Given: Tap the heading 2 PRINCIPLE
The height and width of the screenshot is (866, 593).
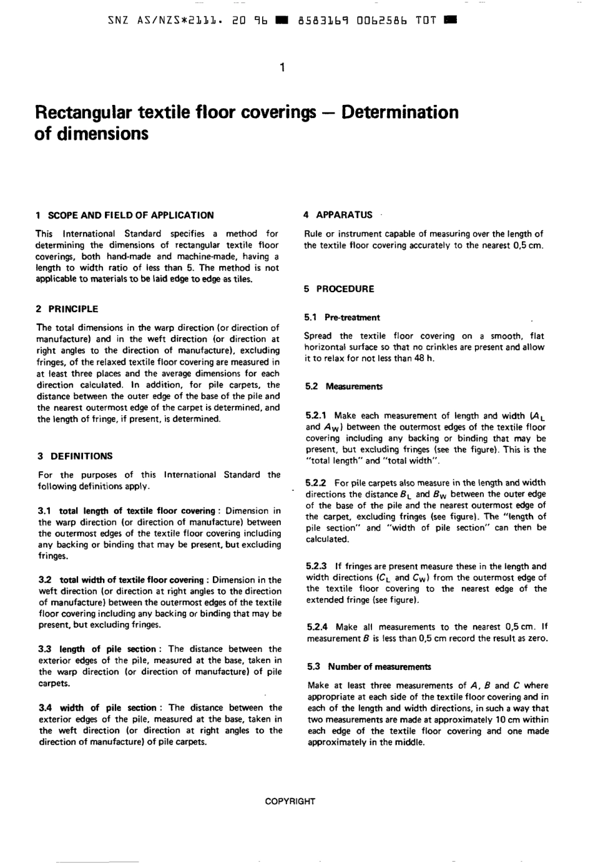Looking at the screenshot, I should click(x=67, y=309).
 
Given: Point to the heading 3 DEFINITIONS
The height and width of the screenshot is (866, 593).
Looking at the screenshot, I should click(x=75, y=456).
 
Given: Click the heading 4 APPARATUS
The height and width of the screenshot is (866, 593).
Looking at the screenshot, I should click(x=338, y=215).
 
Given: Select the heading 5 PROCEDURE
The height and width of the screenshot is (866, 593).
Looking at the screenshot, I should click(x=339, y=289).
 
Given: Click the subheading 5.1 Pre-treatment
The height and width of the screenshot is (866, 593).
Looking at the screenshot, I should click(x=342, y=318).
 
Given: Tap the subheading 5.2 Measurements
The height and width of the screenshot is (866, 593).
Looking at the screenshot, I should click(x=344, y=386).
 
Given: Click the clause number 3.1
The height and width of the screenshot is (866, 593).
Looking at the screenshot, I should click(x=45, y=511).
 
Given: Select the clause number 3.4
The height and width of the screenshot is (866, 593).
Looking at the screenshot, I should click(x=46, y=708).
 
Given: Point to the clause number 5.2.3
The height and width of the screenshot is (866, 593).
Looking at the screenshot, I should click(x=316, y=566).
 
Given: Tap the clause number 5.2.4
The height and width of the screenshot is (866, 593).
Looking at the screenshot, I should click(x=318, y=627).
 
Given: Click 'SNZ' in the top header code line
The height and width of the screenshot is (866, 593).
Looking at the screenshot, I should click(x=115, y=20).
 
